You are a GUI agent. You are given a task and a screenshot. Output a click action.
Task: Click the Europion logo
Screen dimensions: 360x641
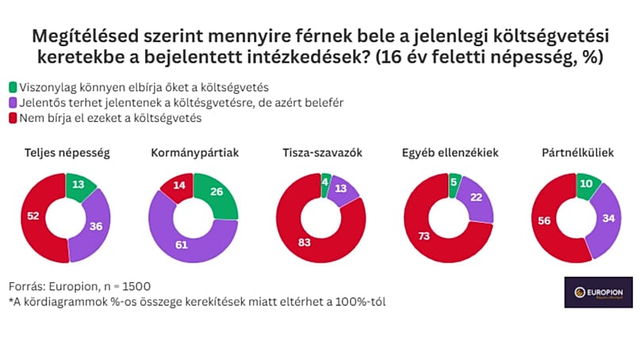point(598,292)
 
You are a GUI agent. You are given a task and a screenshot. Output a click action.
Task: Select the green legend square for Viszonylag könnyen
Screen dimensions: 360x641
point(13,87)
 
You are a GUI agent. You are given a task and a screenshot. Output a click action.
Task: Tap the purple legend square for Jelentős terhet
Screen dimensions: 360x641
point(13,103)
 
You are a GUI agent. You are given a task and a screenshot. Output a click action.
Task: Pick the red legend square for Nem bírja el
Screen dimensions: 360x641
point(13,119)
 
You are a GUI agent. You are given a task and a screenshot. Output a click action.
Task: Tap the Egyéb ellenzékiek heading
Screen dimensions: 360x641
point(450,152)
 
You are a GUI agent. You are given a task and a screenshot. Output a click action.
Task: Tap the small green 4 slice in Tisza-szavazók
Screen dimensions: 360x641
point(326,182)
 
